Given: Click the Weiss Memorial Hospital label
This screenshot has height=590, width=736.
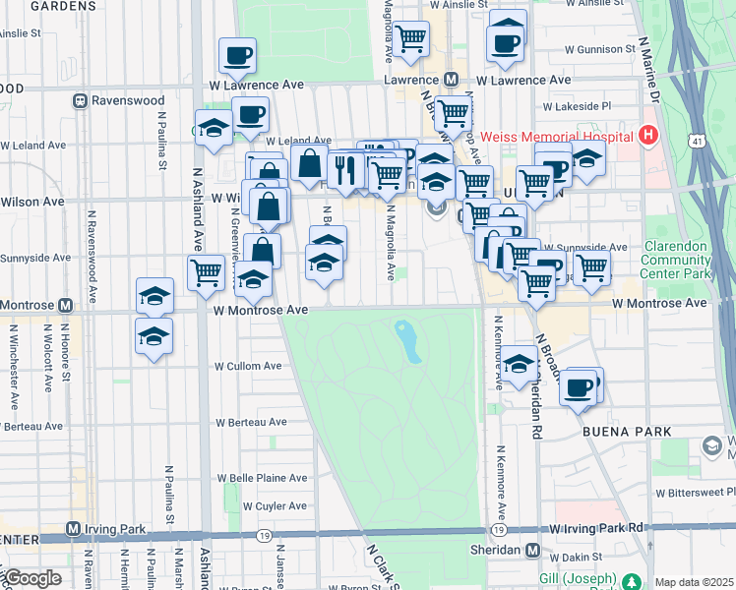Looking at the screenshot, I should (x=557, y=134).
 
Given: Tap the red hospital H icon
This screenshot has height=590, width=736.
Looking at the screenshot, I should (x=647, y=134).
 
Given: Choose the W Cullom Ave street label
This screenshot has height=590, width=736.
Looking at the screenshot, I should (x=248, y=366).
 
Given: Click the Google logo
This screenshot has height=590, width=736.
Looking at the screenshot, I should (x=31, y=578).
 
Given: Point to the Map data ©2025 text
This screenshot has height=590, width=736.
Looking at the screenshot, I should (x=694, y=582).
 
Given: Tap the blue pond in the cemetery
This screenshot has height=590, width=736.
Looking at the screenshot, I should (x=407, y=339).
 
